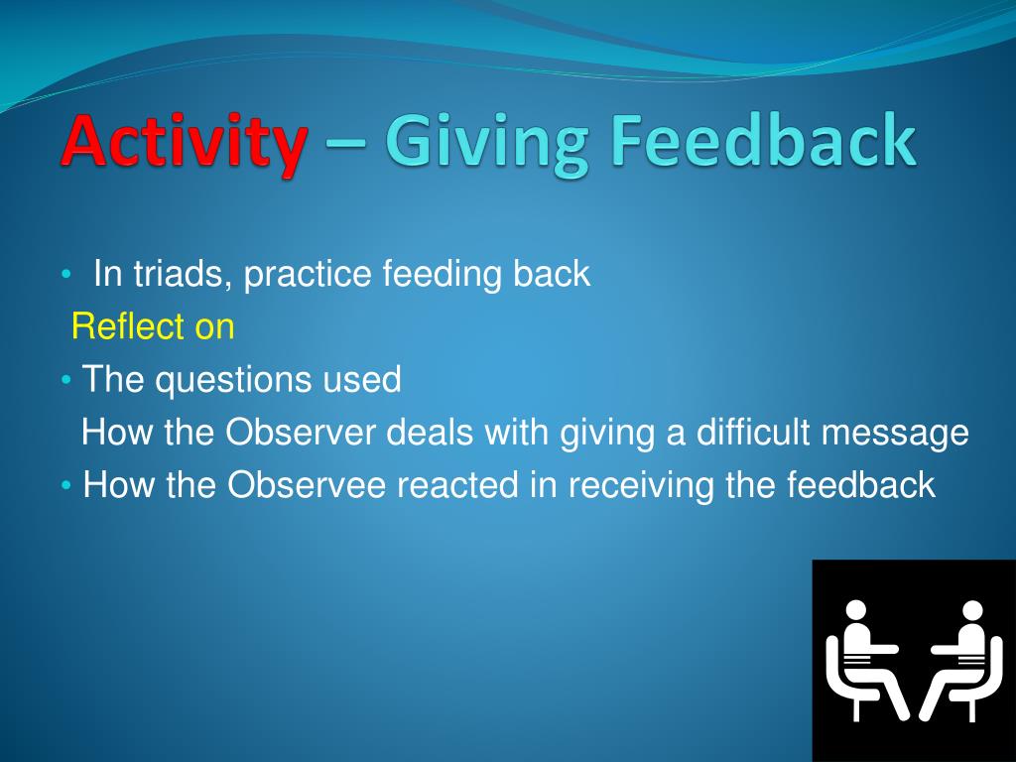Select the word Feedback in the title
click(x=764, y=138)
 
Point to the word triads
click(x=183, y=274)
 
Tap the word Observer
click(x=300, y=433)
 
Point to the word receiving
click(x=642, y=486)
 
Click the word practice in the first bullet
click(x=308, y=275)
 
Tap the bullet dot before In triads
click(x=64, y=275)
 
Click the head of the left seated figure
click(x=856, y=610)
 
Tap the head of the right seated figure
click(x=972, y=610)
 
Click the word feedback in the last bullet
click(x=861, y=484)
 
